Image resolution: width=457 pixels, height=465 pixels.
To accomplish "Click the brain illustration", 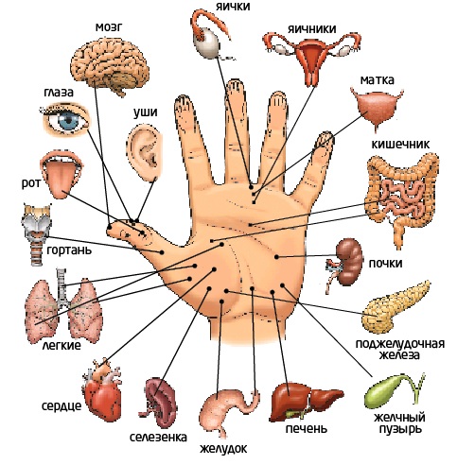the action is pyautogui.click(x=110, y=65).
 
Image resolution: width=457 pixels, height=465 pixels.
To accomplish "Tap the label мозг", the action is pyautogui.click(x=109, y=27).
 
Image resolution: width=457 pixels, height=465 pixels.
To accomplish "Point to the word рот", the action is pyautogui.click(x=31, y=183).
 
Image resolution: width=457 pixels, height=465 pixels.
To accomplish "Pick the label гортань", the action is pyautogui.click(x=69, y=250).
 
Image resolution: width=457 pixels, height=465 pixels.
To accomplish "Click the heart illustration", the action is pyautogui.click(x=102, y=390).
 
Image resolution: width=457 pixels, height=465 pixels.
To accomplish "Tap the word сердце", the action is pyautogui.click(x=62, y=406).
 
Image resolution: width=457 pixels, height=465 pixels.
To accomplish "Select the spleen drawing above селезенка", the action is pyautogui.click(x=160, y=403).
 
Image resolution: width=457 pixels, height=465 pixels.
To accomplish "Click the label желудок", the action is pyautogui.click(x=223, y=448).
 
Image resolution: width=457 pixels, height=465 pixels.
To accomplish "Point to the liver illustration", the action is pyautogui.click(x=305, y=402).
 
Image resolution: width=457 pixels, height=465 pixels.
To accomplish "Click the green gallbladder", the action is pyautogui.click(x=391, y=390).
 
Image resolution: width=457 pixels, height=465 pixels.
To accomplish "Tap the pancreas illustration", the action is pyautogui.click(x=395, y=308).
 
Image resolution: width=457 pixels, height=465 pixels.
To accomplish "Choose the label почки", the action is pyautogui.click(x=385, y=263).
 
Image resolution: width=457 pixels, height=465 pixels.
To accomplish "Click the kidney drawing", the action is pyautogui.click(x=347, y=262).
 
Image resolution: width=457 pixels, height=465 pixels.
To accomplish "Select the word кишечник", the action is pyautogui.click(x=400, y=144).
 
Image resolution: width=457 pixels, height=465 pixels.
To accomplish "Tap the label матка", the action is pyautogui.click(x=378, y=80).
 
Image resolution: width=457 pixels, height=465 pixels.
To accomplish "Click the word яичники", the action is pyautogui.click(x=311, y=29).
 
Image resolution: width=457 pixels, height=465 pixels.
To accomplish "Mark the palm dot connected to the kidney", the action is pyautogui.click(x=276, y=257).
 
